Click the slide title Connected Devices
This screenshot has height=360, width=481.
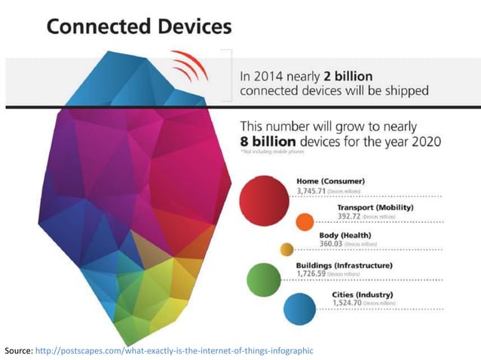click(139, 27)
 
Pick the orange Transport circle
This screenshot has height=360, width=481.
click(305, 222)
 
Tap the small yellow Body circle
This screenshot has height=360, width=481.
click(286, 249)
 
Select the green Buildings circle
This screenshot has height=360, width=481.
click(265, 278)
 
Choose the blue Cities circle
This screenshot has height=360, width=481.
click(299, 308)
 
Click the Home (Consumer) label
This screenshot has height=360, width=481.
click(330, 182)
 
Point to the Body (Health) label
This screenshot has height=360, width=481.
click(345, 235)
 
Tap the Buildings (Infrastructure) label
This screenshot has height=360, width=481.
click(344, 265)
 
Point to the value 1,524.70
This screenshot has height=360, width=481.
click(347, 303)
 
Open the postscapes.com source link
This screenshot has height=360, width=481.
click(174, 351)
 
